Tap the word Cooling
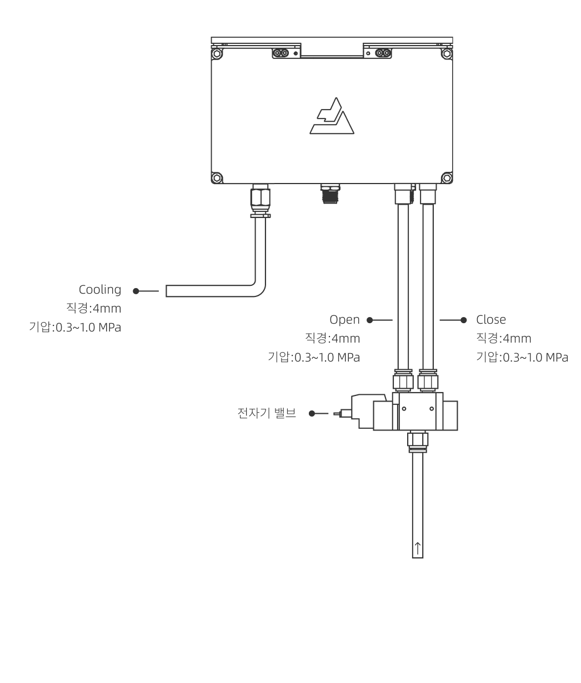click(100, 290)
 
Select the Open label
click(345, 320)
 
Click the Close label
click(491, 320)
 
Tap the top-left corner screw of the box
click(217, 55)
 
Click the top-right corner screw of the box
click(446, 55)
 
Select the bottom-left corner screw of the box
click(217, 179)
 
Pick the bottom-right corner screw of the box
click(446, 179)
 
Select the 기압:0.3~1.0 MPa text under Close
click(522, 357)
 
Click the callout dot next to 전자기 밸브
click(312, 413)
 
